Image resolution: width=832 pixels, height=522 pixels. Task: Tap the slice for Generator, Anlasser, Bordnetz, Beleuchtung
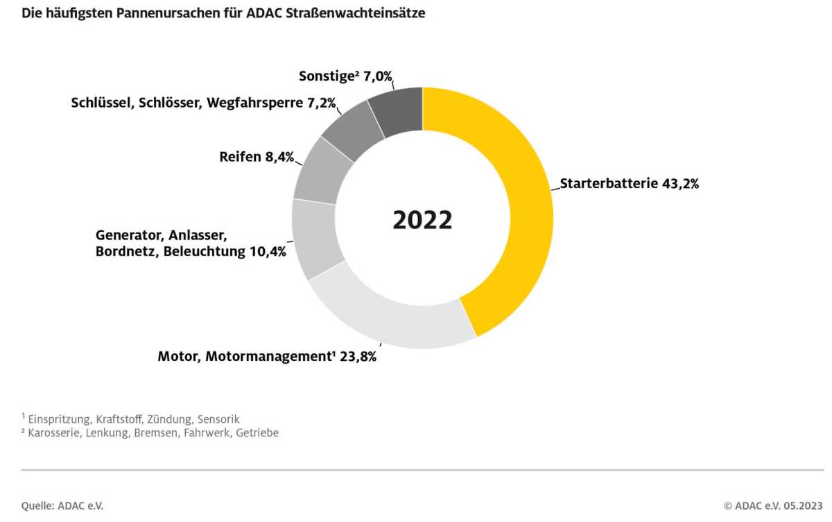(315, 239)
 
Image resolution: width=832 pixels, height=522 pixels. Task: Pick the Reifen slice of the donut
(322, 170)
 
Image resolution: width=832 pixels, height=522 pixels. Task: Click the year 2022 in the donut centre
(422, 219)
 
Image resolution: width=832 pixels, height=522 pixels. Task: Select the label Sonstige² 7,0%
(350, 76)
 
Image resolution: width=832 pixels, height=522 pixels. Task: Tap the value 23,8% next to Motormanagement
(358, 357)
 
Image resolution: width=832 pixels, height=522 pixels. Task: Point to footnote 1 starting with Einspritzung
(131, 419)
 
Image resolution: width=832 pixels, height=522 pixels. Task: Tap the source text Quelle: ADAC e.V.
(62, 506)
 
